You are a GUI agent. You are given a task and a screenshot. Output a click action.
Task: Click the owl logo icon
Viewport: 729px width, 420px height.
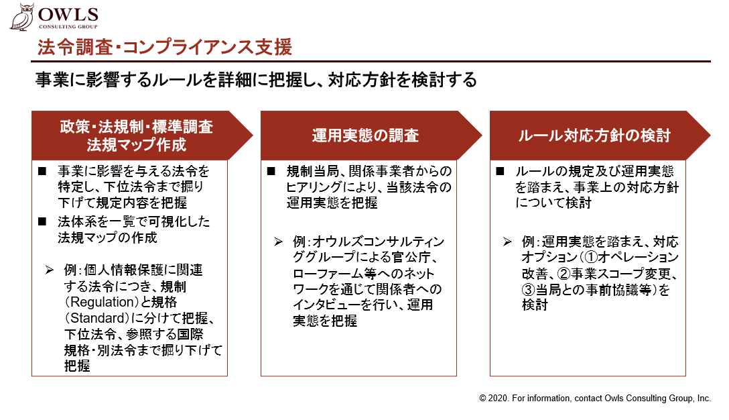click(22, 17)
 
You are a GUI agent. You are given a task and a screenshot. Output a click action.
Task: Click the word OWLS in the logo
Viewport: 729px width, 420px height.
click(68, 15)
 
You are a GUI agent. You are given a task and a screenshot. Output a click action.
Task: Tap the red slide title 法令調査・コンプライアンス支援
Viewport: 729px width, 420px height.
click(165, 48)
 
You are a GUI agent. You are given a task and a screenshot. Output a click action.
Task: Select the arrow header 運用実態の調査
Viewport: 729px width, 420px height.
click(371, 136)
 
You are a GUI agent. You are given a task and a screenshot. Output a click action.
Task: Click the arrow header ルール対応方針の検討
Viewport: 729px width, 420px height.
click(600, 136)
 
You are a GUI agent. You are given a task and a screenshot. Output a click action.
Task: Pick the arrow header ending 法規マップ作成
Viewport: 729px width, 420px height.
click(142, 136)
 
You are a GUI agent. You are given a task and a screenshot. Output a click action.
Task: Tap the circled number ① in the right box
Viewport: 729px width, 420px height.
click(591, 257)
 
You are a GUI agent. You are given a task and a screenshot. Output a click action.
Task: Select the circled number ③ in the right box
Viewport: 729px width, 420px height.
click(529, 290)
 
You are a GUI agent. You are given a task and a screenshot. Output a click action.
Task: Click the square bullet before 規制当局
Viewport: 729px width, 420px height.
click(271, 171)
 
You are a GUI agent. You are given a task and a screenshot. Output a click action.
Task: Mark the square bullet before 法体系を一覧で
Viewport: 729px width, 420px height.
click(42, 221)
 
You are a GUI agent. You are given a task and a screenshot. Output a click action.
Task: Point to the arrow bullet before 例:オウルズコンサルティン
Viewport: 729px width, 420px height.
click(279, 242)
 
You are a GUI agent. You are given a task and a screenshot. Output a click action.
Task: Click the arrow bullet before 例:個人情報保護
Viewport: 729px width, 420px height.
click(50, 270)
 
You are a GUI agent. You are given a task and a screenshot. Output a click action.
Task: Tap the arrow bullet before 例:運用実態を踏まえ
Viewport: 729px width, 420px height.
click(507, 242)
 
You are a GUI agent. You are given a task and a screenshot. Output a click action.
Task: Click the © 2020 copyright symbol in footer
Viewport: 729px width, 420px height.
click(482, 399)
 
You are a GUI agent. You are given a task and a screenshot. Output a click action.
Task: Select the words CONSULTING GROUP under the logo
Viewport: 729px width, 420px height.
click(68, 27)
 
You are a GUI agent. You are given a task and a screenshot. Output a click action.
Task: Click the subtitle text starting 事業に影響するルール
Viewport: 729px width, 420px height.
click(256, 80)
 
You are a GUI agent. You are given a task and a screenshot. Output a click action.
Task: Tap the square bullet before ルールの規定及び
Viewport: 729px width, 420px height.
click(501, 171)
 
